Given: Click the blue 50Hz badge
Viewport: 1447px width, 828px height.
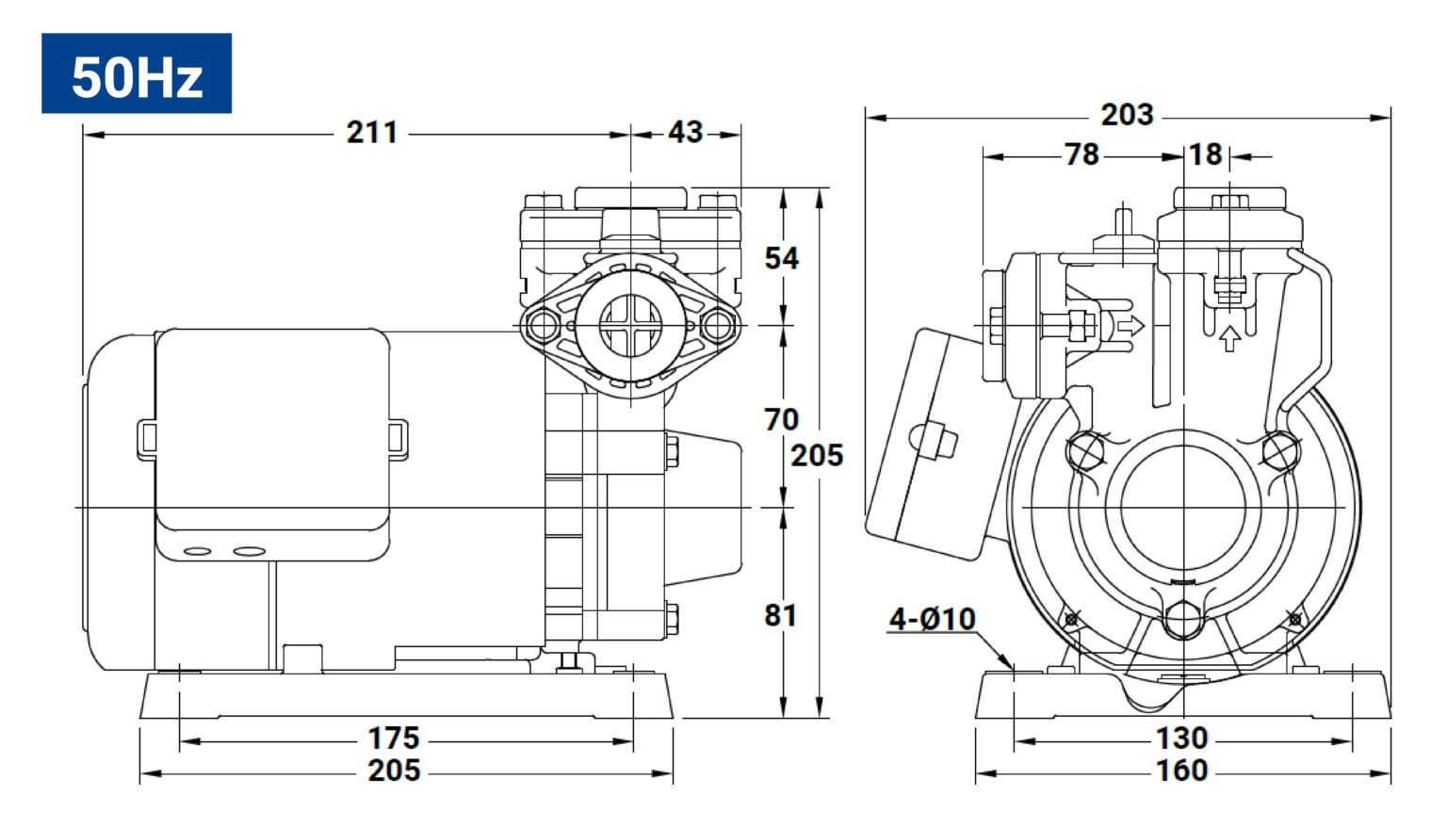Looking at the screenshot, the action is pos(137,73).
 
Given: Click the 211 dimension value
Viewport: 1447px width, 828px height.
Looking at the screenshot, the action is pos(371,133).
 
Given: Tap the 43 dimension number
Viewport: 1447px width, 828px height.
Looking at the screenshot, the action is pos(685,133).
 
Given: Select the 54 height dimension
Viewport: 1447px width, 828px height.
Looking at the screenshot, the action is pos(782,258).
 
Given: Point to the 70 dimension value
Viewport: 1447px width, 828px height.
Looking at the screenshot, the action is pos(782,420).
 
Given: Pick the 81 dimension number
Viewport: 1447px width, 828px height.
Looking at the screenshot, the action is pos(780,616).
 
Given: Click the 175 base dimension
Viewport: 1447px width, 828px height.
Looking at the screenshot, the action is pos(394,739).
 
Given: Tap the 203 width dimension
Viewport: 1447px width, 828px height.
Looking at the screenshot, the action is pos(1128,115).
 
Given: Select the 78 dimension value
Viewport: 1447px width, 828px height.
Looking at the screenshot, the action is pos(1081,155).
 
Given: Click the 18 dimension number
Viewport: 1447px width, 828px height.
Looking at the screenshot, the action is pos(1206,155).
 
